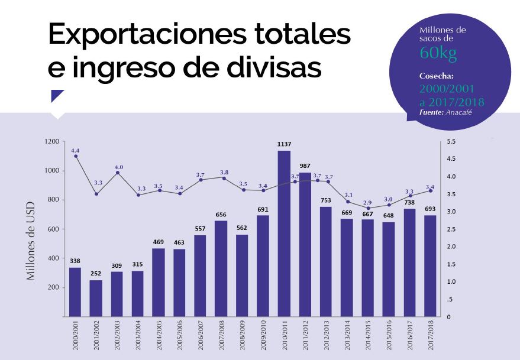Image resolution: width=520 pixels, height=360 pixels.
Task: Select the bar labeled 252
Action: pos(96,299)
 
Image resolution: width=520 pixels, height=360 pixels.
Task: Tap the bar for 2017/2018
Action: pos(431,266)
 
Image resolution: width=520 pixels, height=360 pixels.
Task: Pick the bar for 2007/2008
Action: pos(221,269)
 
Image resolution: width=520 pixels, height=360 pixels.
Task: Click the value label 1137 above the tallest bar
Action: pos(284,144)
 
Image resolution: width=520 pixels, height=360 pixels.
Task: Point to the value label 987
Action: pos(305,166)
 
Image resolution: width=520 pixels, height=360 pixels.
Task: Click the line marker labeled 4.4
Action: pos(76,155)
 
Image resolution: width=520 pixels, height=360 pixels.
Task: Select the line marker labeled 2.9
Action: pos(368,208)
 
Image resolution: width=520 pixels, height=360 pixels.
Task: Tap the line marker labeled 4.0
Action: pos(118,173)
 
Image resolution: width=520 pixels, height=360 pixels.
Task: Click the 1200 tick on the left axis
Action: pos(51,142)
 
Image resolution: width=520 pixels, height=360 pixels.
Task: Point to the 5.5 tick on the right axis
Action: pos(451,142)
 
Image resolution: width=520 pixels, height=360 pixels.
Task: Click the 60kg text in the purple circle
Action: pos(438,53)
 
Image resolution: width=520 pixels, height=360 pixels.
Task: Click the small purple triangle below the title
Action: pos(57,95)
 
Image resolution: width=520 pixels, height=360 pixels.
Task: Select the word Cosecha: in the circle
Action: pos(437,76)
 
